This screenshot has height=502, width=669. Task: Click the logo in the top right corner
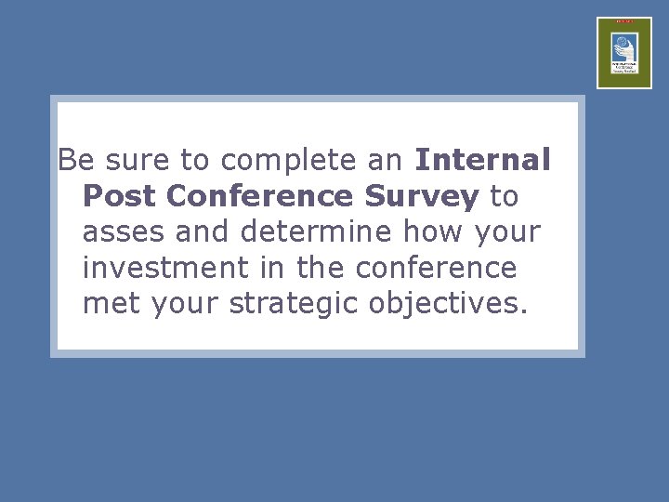[x=623, y=53]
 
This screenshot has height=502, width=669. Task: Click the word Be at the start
[x=76, y=160]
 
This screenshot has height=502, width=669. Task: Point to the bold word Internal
[x=483, y=160]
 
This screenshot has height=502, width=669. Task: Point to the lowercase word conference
[x=436, y=269]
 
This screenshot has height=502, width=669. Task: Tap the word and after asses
[x=204, y=232]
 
